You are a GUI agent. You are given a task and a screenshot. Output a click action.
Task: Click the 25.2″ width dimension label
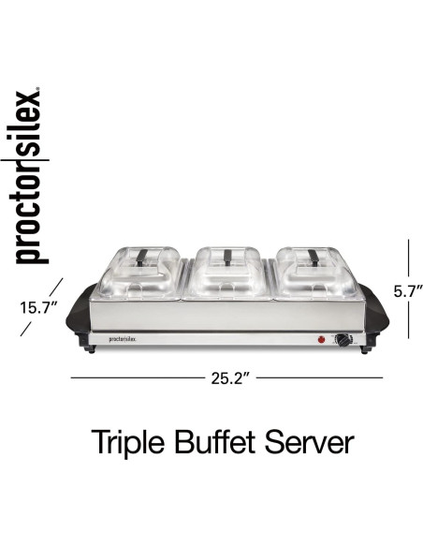coord(226,378)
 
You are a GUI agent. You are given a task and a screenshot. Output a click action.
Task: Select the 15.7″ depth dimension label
coord(38,305)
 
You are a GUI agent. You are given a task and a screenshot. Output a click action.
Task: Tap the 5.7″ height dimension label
coord(408,291)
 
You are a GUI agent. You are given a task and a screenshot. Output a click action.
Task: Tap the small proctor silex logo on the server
coord(124,340)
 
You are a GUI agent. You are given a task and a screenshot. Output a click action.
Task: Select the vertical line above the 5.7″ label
coord(408,259)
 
